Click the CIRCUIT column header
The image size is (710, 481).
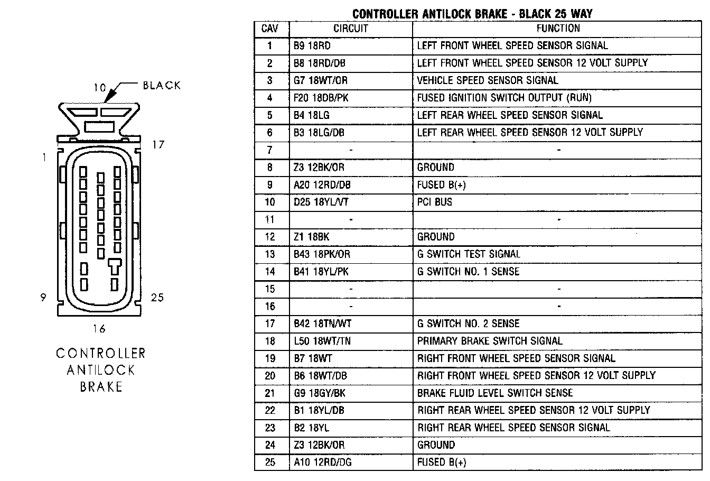pos(350,29)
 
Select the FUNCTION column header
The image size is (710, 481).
pos(558,29)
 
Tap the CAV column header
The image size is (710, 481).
pos(270,29)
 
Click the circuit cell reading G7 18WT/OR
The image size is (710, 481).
pos(321,80)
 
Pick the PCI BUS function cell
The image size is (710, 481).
pos(435,202)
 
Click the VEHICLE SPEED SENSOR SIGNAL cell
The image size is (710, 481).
pos(487,80)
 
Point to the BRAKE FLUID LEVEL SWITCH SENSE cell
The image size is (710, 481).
pos(495,393)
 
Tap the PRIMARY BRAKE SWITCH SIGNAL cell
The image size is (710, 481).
pos(490,341)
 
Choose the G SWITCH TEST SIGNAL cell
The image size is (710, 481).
pos(469,254)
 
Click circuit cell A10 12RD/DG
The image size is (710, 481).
pos(323,462)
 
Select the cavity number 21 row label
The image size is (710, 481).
pos(270,393)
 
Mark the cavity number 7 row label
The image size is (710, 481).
pos(270,150)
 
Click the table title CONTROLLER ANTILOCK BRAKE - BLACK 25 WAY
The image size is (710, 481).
pos(472,13)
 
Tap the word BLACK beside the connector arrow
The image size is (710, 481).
pos(162,86)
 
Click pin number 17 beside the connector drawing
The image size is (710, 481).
pos(158,144)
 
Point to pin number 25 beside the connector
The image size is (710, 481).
pos(157,298)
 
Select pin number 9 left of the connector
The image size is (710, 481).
pos(43,298)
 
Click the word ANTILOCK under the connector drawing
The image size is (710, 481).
pos(101,370)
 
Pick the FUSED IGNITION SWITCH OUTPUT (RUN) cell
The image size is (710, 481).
pos(504,98)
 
